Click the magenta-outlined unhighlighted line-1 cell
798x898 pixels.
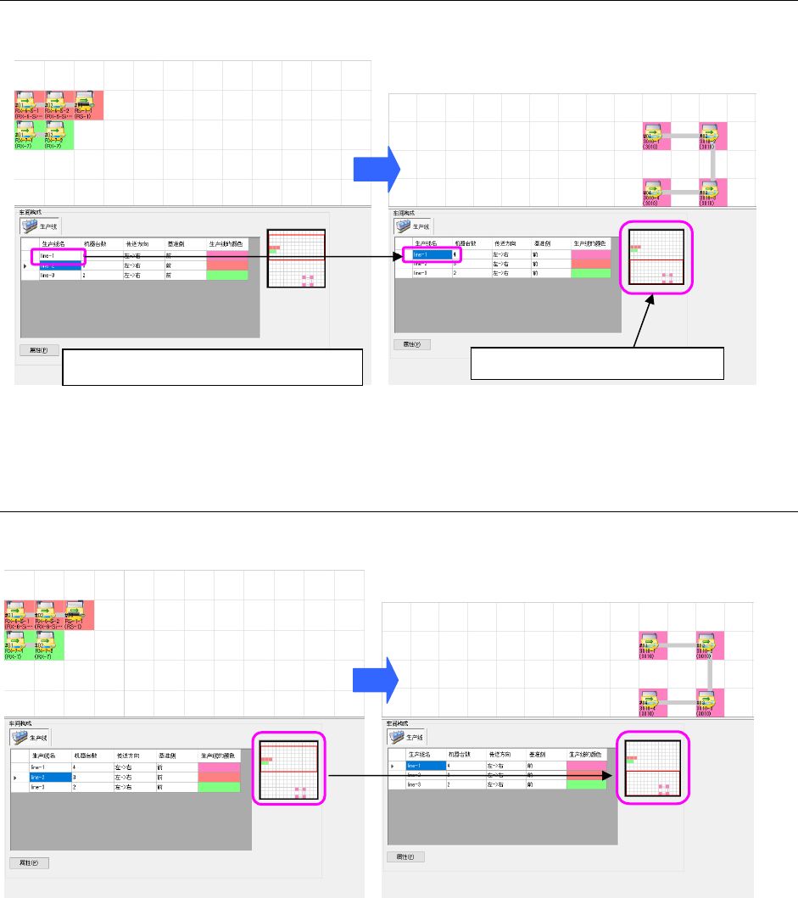[58, 254]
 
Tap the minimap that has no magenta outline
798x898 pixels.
[297, 259]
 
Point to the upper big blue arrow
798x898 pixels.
[377, 167]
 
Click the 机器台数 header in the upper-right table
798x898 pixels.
[467, 243]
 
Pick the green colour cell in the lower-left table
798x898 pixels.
[219, 786]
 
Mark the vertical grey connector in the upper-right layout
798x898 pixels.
[713, 164]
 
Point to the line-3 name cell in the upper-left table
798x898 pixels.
[58, 276]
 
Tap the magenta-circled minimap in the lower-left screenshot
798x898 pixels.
[289, 770]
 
